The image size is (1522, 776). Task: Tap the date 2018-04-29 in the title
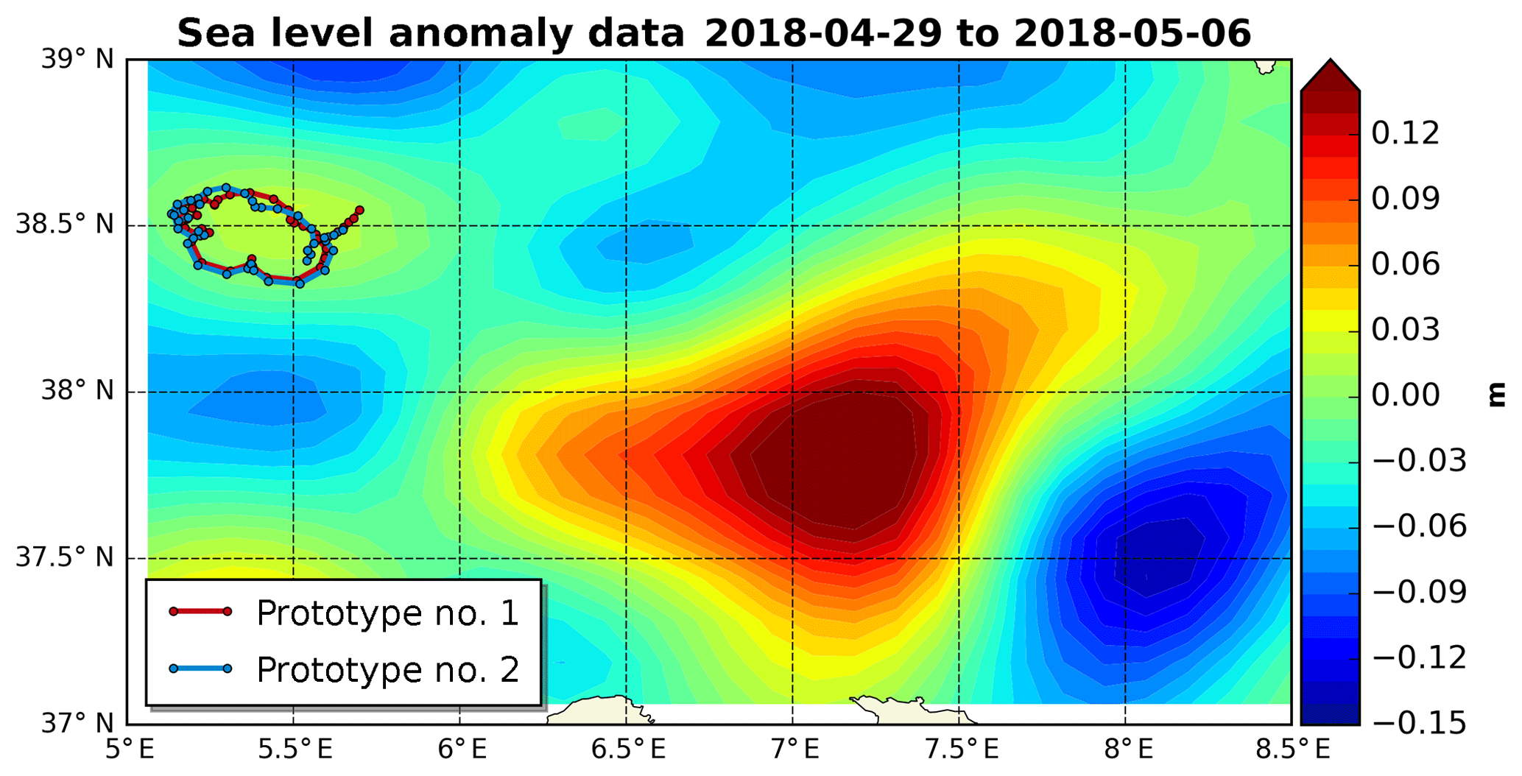click(822, 33)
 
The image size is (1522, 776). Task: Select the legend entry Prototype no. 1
click(387, 613)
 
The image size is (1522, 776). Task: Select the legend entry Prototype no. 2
click(387, 670)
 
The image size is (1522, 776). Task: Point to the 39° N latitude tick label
click(78, 59)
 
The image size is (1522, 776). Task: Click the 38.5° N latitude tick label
click(66, 225)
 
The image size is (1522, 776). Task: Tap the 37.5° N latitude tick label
click(66, 557)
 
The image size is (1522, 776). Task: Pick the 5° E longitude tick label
click(130, 750)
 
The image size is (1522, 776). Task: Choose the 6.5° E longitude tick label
click(628, 750)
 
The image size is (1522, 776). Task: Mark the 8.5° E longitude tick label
click(1293, 750)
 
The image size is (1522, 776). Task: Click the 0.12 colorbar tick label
click(1405, 134)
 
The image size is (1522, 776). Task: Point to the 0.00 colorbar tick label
click(1405, 395)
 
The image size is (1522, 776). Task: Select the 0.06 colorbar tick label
click(1405, 264)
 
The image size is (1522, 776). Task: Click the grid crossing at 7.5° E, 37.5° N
click(959, 558)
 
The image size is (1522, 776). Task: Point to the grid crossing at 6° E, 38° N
click(460, 392)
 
